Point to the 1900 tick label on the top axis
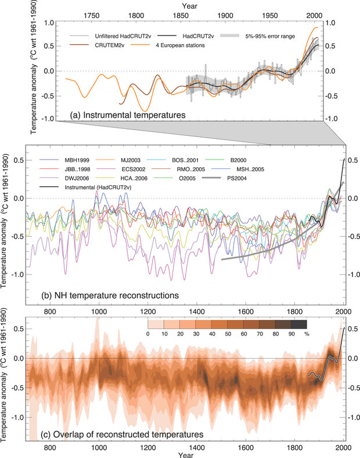pyautogui.click(x=225, y=16)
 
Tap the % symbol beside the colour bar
pyautogui.click(x=307, y=333)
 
